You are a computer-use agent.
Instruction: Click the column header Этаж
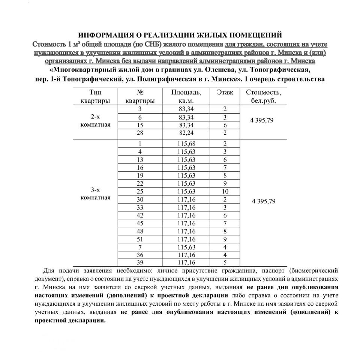pos(225,92)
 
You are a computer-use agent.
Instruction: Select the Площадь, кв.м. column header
pos(186,96)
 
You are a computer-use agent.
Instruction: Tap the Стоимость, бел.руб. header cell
pos(263,96)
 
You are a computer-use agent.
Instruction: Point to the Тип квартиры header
pos(95,96)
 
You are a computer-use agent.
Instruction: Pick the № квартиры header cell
pos(140,96)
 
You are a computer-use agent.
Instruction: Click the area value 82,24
pos(186,133)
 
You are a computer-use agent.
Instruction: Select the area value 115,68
pos(186,144)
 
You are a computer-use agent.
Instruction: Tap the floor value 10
pos(225,192)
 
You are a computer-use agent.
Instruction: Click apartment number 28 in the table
pos(140,133)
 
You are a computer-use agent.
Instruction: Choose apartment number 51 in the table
pos(140,239)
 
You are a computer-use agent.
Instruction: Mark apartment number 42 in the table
pos(140,215)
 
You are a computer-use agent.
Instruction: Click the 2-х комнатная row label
pos(95,121)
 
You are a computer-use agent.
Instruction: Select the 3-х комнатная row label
pos(95,194)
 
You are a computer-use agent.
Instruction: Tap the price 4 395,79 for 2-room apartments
pos(263,121)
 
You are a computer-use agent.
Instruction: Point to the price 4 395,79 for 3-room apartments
pos(264,201)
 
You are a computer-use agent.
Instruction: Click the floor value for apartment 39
pos(225,263)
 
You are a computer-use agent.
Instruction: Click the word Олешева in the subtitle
pos(222,70)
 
